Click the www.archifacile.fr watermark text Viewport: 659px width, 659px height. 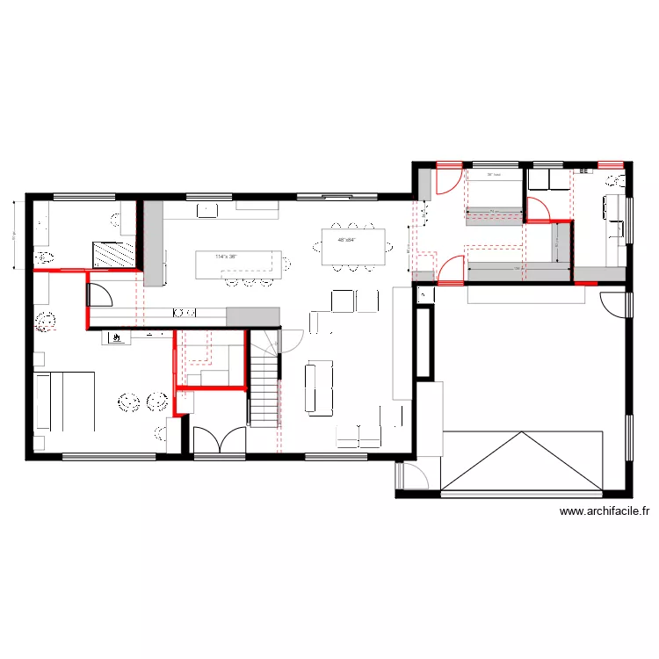click(604, 512)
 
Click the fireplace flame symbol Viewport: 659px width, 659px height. click(115, 336)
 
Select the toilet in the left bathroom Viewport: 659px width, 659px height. click(45, 257)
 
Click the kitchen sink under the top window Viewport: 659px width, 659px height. click(208, 209)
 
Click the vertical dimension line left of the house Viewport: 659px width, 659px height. click(15, 235)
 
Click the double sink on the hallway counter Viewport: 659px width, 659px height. click(185, 311)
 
